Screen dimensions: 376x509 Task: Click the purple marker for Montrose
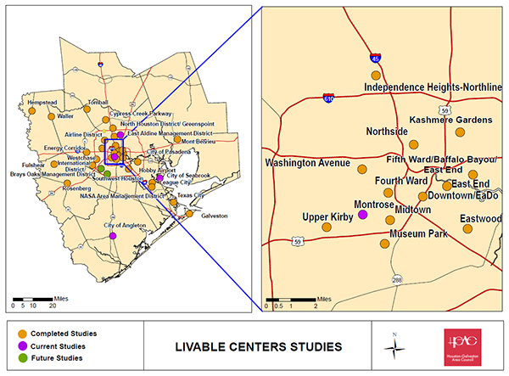(362, 215)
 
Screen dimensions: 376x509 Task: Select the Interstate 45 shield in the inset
(375, 59)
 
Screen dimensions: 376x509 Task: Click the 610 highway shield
(328, 98)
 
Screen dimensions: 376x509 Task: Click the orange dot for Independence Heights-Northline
(376, 76)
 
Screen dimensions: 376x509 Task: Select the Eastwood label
(480, 218)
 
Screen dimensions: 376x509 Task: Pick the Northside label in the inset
(387, 132)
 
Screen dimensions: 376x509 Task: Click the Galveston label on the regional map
(214, 216)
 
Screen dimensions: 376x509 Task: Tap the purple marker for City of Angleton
(114, 236)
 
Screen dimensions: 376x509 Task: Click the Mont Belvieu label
(198, 142)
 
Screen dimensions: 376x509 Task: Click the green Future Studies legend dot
(21, 358)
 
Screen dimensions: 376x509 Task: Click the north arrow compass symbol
(393, 346)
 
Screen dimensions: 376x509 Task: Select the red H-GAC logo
(462, 346)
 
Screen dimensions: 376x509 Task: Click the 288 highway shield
(396, 279)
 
